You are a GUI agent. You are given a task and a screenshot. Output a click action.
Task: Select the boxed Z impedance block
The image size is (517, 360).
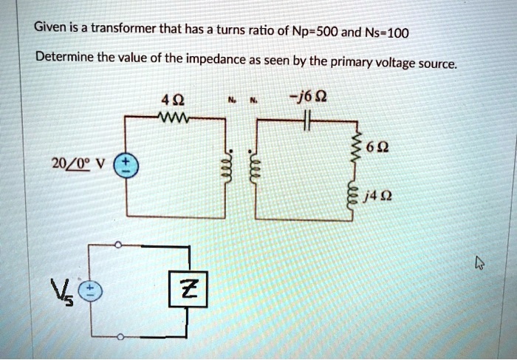pos(189,288)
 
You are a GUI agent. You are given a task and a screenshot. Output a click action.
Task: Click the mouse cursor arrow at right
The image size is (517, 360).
pos(479,261)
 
